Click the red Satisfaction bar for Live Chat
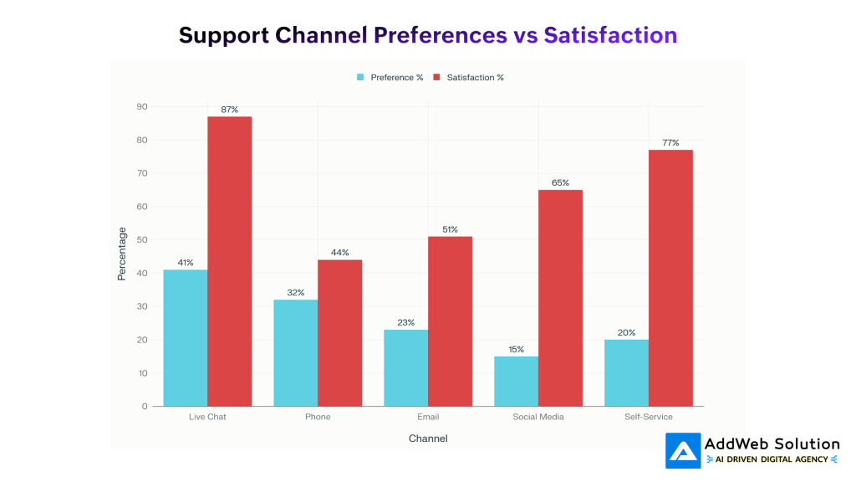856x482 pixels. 229,261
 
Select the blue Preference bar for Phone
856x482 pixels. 295,352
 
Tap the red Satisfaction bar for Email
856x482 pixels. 450,321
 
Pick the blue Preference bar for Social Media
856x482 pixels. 516,381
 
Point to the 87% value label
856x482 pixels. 229,110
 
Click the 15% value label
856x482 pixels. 516,349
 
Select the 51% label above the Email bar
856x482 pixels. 450,229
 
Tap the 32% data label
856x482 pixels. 295,293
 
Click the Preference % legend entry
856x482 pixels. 390,78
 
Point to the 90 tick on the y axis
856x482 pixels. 143,107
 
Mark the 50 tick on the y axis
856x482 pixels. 143,240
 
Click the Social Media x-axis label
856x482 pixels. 538,417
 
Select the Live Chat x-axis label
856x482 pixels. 207,417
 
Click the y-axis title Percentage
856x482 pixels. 121,254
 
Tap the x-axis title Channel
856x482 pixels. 428,438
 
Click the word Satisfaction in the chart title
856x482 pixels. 610,35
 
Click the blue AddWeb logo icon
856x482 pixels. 683,450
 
